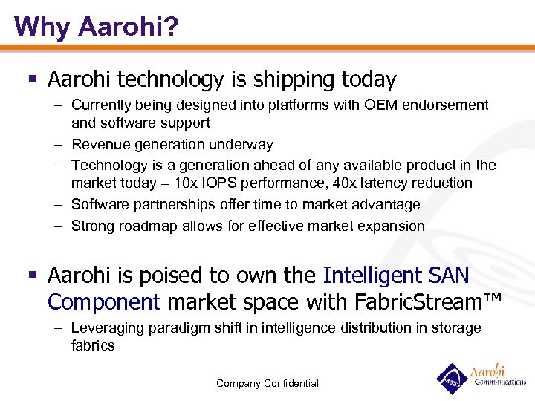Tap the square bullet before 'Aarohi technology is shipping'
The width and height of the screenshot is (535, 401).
[33, 79]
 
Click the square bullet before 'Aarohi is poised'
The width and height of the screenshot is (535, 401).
[33, 276]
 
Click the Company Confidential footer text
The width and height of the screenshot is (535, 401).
[267, 383]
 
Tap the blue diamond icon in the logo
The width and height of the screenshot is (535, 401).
[451, 378]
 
